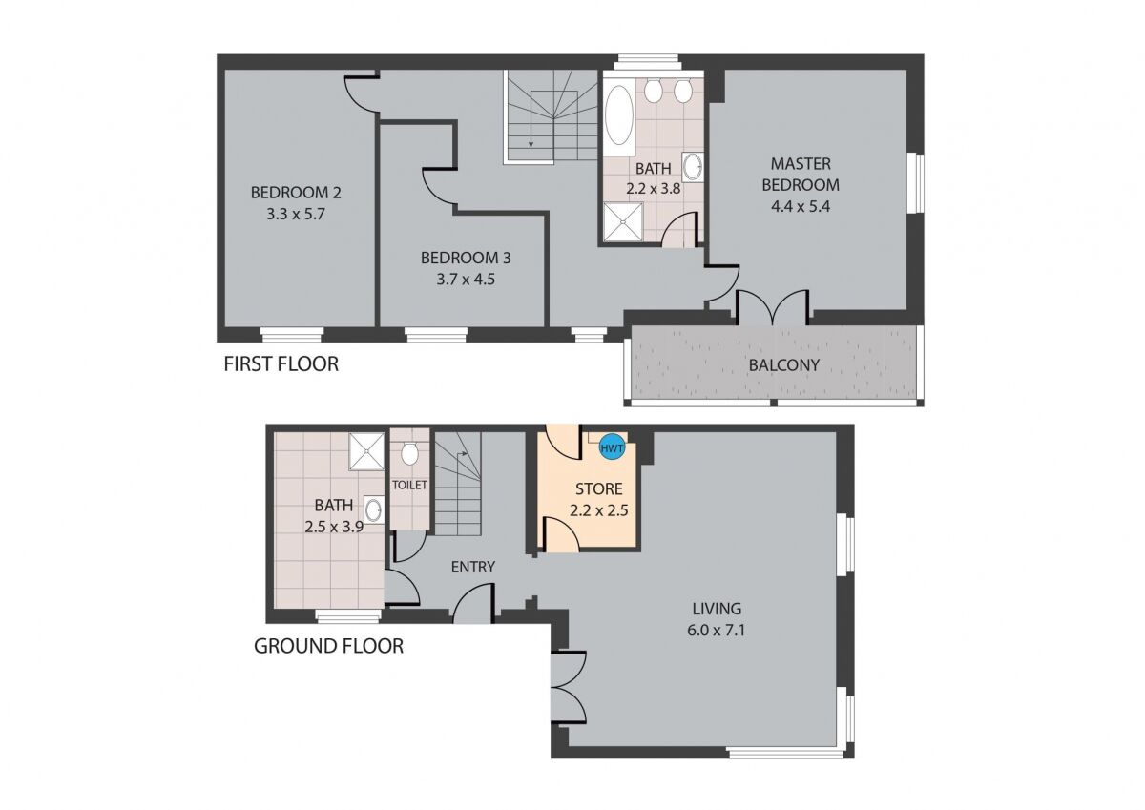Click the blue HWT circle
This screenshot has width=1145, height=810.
pyautogui.click(x=612, y=448)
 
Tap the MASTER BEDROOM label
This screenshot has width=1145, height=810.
pyautogui.click(x=801, y=175)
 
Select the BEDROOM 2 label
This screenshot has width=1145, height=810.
pyautogui.click(x=296, y=193)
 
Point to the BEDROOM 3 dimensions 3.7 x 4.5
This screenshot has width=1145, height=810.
pyautogui.click(x=466, y=280)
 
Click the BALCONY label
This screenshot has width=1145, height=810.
pyautogui.click(x=783, y=364)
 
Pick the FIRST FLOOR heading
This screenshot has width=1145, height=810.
pyautogui.click(x=281, y=363)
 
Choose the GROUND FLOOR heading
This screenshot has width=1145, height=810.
pyautogui.click(x=328, y=646)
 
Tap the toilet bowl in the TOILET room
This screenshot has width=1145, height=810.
pyautogui.click(x=409, y=454)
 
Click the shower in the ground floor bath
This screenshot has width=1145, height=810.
pyautogui.click(x=366, y=452)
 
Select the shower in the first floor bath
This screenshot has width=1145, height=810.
pyautogui.click(x=623, y=221)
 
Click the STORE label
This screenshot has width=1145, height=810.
pyautogui.click(x=599, y=489)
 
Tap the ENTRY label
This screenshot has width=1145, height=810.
pyautogui.click(x=473, y=567)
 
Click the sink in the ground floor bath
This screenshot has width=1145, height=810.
pyautogui.click(x=374, y=509)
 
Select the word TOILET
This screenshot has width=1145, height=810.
pyautogui.click(x=409, y=485)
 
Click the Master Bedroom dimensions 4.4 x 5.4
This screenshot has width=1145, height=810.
pyautogui.click(x=801, y=206)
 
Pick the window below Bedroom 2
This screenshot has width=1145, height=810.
pyautogui.click(x=292, y=335)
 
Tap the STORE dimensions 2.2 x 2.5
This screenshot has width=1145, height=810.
pyautogui.click(x=599, y=510)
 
